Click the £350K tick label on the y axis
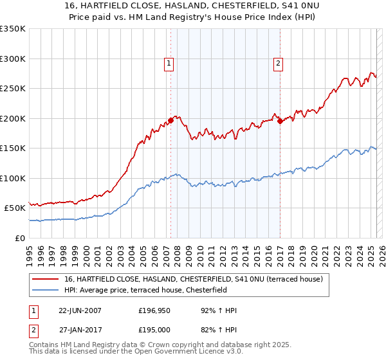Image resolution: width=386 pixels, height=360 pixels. point(13,29)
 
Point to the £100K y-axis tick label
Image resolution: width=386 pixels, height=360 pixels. point(13,178)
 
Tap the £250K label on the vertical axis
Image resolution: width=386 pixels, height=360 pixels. point(13,89)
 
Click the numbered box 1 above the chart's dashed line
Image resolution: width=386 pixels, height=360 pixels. point(169,63)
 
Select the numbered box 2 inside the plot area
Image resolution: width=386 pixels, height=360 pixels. point(278,63)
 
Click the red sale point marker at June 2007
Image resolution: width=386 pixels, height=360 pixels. point(171,120)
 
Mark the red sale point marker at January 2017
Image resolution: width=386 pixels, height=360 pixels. point(280,122)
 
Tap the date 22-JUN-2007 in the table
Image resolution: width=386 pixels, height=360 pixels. point(80,310)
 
